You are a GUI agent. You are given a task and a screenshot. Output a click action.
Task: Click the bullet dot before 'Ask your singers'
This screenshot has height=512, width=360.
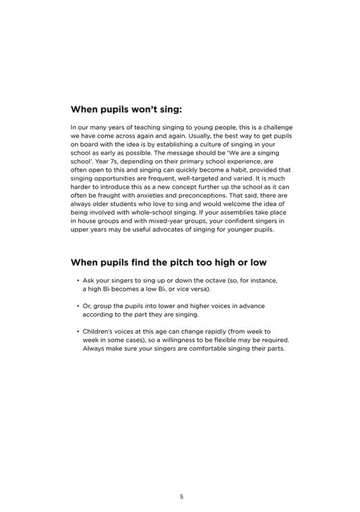[x=78, y=280]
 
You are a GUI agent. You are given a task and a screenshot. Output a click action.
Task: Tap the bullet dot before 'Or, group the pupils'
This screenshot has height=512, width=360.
[x=78, y=306]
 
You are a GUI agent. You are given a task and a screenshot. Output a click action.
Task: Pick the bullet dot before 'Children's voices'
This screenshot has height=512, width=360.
[x=78, y=332]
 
